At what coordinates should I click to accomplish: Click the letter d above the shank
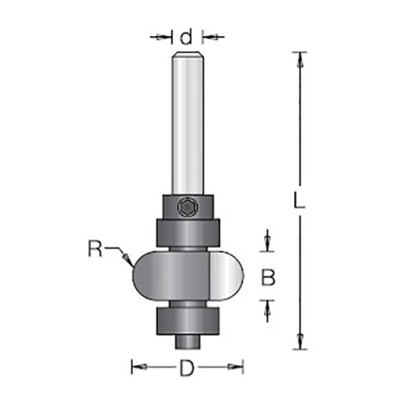tap(186, 37)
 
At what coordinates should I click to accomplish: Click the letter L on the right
tap(299, 200)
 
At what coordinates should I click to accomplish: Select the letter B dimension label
tap(268, 277)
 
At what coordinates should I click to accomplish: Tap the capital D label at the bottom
tap(187, 368)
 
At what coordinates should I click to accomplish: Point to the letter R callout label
tap(95, 248)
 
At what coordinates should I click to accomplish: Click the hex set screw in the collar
tap(187, 208)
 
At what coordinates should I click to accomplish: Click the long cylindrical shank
tap(187, 123)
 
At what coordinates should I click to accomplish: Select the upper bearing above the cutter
tap(188, 233)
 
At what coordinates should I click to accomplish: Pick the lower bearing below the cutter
tap(187, 321)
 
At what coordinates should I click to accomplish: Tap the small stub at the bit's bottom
tap(187, 342)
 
